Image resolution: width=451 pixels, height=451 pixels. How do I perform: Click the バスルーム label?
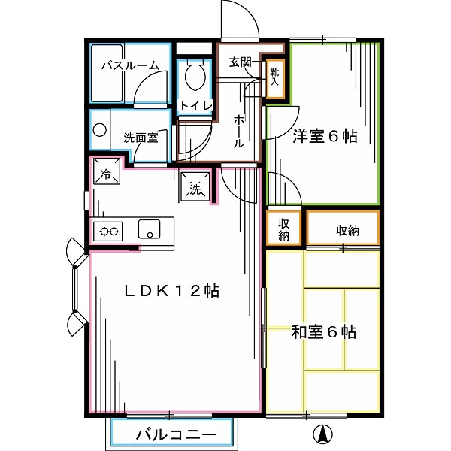pyautogui.click(x=130, y=65)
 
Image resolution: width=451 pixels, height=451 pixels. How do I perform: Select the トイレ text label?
pyautogui.click(x=196, y=106)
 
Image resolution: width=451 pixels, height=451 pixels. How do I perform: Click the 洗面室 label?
pyautogui.click(x=141, y=138)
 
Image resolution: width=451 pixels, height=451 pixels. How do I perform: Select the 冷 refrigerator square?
pyautogui.click(x=104, y=175)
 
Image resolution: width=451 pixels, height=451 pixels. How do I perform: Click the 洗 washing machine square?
pyautogui.click(x=195, y=188)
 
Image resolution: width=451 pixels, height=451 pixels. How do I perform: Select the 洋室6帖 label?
pyautogui.click(x=325, y=137)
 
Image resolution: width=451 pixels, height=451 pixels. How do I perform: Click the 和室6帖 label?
pyautogui.click(x=324, y=331)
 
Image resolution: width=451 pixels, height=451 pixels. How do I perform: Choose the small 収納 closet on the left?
pyautogui.click(x=283, y=229)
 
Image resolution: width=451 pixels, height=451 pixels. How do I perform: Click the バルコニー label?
pyautogui.click(x=177, y=435)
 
